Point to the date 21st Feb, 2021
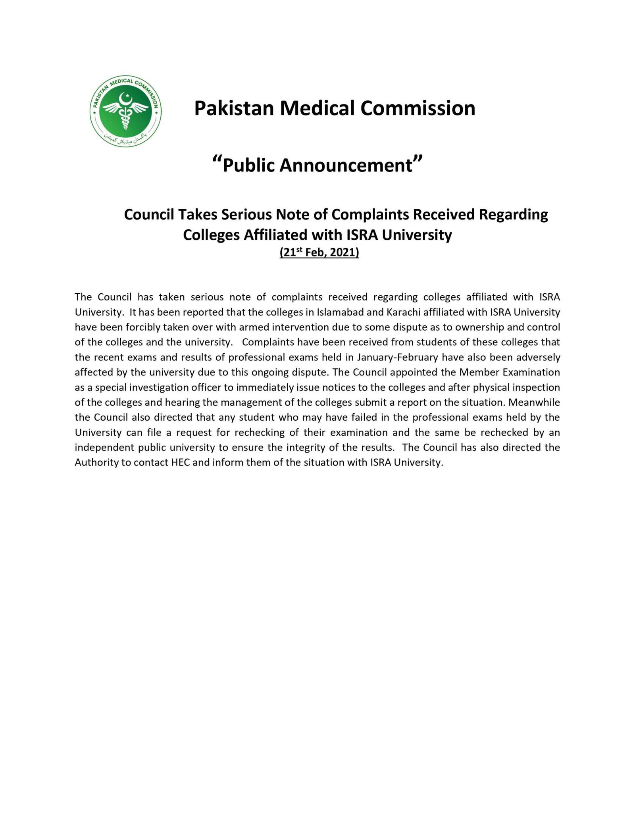[x=319, y=252]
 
